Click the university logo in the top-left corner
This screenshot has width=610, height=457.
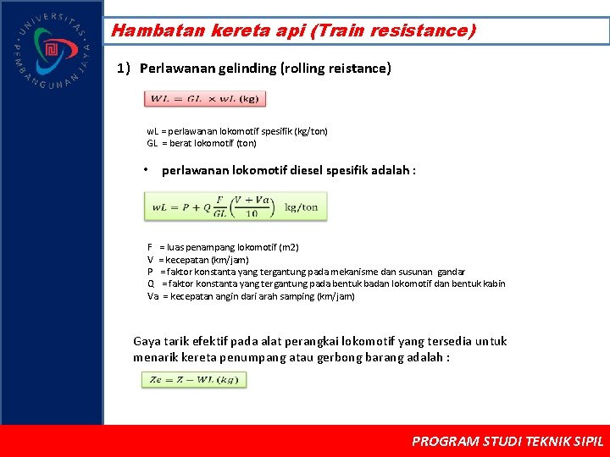[51, 50]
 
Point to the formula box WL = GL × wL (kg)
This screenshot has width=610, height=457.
[205, 99]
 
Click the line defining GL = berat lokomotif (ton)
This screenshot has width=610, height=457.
[202, 143]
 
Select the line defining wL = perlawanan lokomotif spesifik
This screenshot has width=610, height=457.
[237, 131]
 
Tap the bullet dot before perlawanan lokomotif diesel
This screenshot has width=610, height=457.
[147, 169]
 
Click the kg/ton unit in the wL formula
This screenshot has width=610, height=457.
[301, 206]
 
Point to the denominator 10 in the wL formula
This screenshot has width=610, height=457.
[251, 214]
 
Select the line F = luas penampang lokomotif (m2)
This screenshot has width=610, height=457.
[223, 247]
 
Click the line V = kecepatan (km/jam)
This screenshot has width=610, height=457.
[198, 260]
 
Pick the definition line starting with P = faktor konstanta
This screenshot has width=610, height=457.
[306, 272]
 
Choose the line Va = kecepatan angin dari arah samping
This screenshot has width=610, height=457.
[251, 296]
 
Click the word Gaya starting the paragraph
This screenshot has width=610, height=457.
[147, 341]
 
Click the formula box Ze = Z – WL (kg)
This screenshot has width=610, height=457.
[194, 380]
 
